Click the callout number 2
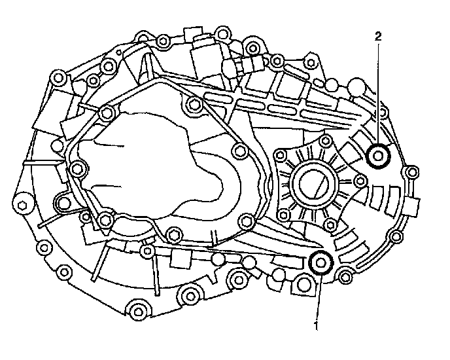(x=378, y=37)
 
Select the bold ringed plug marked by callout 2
(x=379, y=156)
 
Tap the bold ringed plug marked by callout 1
(x=320, y=262)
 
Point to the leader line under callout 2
(x=378, y=92)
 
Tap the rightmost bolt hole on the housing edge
(x=411, y=173)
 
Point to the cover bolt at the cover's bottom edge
(x=173, y=232)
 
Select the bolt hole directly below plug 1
(x=302, y=285)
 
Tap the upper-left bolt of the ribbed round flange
(x=282, y=156)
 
